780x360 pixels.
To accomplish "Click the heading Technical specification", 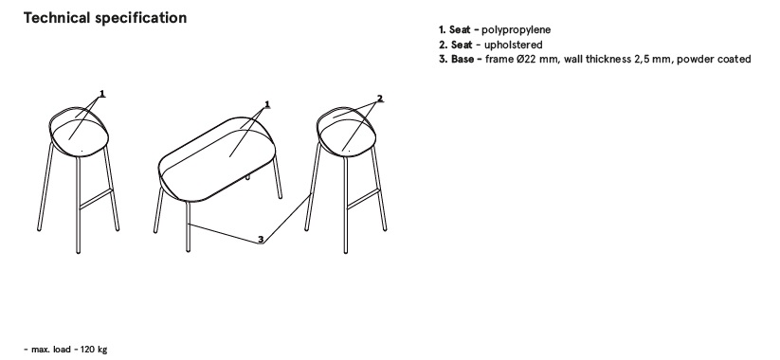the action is coord(105,18).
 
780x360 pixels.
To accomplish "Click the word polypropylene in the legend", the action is coord(516,30).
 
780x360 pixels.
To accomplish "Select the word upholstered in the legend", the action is coord(514,45).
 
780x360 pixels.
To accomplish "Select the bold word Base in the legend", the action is coord(463,59).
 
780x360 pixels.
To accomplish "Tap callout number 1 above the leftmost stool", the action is coord(102,94).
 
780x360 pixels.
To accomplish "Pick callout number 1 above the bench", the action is coord(267,104).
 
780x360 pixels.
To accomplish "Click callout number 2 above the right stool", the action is coord(380,99).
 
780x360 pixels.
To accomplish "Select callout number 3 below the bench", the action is coord(261,240).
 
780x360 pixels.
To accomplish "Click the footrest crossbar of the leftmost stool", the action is coord(96,199).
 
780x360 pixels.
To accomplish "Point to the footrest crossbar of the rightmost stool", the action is coord(363,199).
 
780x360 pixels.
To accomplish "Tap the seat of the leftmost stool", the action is coord(80,136).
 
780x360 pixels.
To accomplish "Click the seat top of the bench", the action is coord(217,159).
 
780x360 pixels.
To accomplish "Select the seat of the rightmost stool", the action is coord(347,136).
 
